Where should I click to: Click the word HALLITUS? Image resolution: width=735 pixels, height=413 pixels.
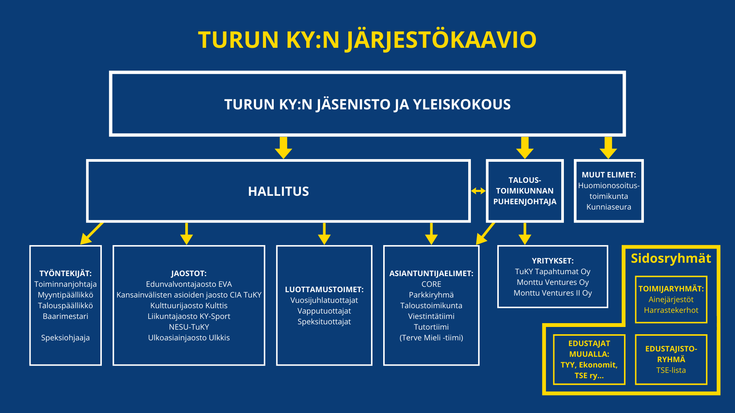point(278,191)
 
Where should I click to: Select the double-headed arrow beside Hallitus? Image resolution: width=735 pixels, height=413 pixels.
point(478,191)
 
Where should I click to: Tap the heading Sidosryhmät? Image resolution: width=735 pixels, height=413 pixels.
point(671,259)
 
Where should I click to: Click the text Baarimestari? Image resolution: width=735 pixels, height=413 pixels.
point(65,316)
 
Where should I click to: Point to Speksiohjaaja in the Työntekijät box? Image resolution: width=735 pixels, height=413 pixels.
point(65,338)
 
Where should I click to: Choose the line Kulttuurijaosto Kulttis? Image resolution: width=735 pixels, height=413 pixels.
point(189,306)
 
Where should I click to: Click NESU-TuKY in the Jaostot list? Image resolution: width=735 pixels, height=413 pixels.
point(189,327)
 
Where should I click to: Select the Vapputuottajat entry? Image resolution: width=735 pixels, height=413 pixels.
point(324,311)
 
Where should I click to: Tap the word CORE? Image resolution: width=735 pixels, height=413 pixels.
point(431,284)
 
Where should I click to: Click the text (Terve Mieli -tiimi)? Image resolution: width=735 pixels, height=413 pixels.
point(431,338)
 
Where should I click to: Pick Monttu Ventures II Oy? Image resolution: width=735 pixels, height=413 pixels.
point(552,293)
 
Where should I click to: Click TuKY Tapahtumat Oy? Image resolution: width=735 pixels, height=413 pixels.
point(552,272)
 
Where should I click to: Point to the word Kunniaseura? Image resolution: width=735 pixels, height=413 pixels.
point(609,207)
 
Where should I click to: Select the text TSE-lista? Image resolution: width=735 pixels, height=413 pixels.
point(671,370)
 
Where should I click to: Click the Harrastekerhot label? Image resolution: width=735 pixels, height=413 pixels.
point(671,310)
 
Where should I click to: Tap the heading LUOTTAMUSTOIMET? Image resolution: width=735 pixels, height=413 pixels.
point(324,289)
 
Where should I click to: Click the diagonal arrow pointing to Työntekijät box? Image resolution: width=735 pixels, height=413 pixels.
point(91,234)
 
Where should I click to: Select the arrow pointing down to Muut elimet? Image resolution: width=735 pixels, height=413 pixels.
point(608,148)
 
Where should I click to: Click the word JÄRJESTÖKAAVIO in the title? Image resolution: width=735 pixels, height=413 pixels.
point(441,40)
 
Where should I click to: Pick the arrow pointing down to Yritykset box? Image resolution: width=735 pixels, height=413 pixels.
point(524,234)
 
